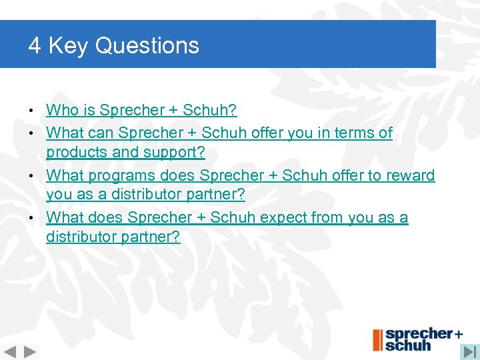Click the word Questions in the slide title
point(147,46)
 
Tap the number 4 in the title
point(35,46)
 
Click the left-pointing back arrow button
point(11,351)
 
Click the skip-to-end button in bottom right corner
point(470,351)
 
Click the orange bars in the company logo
point(377,340)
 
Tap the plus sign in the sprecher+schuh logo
point(459,333)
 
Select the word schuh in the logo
point(408,345)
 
